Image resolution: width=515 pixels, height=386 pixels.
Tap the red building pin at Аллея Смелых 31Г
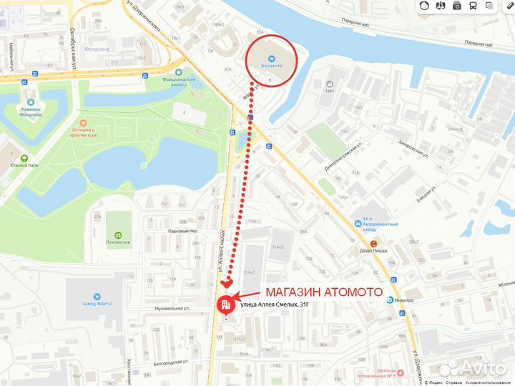coord(226,305)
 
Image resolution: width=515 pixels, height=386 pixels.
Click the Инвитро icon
coord(390,300)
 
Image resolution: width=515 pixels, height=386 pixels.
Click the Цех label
coord(330,91)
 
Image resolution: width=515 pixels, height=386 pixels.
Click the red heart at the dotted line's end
coord(227,284)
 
